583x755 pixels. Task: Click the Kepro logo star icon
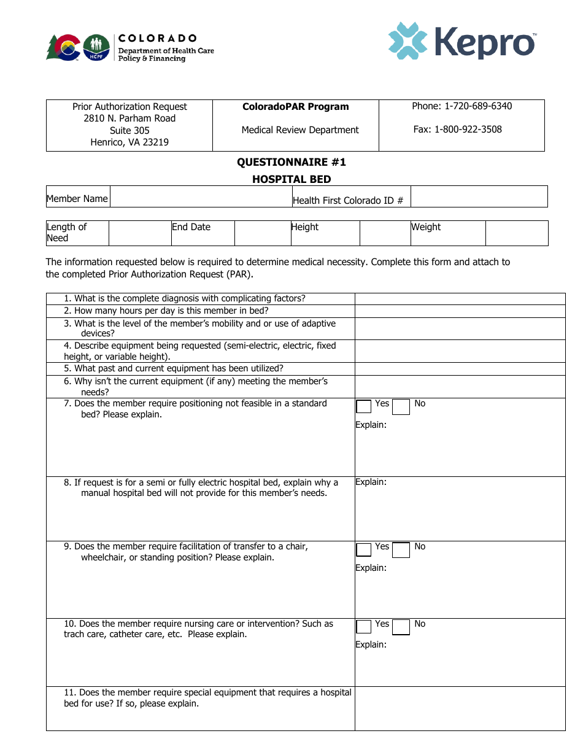407,41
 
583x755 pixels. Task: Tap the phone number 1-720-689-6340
478,106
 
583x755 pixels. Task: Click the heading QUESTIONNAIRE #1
291,162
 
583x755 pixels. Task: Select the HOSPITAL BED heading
291,179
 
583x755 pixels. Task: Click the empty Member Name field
200,197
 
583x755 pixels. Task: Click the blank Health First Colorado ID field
479,197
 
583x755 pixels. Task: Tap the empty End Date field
262,233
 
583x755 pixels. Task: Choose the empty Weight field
516,233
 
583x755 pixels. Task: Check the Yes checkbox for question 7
364,406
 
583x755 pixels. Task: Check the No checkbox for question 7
401,406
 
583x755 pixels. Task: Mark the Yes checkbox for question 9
364,549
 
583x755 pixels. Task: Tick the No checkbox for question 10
401,627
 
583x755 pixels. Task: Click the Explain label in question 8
371,482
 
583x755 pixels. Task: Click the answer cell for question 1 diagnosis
460,299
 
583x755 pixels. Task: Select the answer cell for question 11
460,708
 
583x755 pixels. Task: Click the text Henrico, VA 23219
129,142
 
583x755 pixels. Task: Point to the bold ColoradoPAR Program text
295,107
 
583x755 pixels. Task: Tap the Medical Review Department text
300,130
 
